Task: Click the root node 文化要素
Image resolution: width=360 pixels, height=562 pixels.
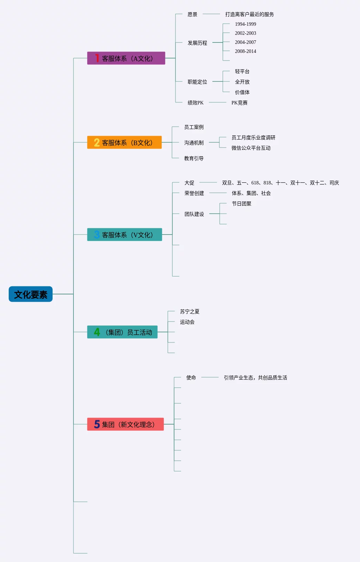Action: click(x=31, y=294)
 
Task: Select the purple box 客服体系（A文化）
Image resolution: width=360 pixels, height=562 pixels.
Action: click(x=126, y=58)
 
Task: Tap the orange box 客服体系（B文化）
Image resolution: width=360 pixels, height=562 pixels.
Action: click(x=124, y=143)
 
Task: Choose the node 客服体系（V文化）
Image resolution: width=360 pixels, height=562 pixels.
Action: click(x=125, y=235)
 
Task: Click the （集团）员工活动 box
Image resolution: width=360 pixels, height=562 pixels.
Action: click(x=122, y=332)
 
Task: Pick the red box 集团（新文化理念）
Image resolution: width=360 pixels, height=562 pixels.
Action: click(x=125, y=425)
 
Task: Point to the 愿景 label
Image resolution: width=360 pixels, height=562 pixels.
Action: click(x=192, y=14)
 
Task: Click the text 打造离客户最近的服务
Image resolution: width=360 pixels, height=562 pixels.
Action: click(x=249, y=14)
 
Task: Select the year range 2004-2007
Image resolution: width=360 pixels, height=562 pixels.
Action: click(x=245, y=42)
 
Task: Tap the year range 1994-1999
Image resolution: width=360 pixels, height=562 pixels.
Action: click(x=245, y=24)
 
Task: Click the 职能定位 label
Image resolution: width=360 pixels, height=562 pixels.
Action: click(x=197, y=82)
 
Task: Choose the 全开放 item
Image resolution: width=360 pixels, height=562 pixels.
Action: click(x=242, y=82)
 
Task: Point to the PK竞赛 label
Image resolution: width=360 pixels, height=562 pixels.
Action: click(x=239, y=103)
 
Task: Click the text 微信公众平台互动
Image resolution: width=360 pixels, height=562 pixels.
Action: click(x=251, y=148)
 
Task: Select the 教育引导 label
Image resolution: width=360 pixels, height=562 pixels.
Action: click(x=194, y=158)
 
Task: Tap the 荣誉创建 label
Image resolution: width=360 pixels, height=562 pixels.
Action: click(x=194, y=193)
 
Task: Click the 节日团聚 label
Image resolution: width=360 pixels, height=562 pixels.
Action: click(x=241, y=204)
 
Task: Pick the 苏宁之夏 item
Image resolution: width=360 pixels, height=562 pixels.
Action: click(x=189, y=311)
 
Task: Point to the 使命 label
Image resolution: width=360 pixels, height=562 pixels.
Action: click(x=191, y=378)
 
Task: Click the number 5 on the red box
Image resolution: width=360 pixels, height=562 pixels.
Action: click(x=97, y=425)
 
